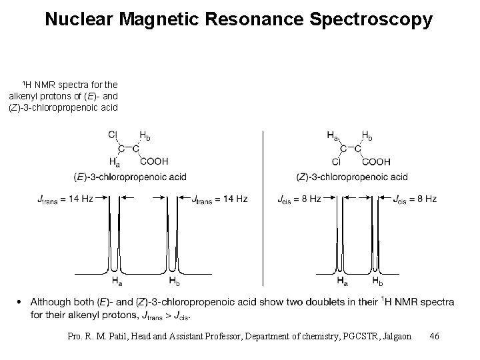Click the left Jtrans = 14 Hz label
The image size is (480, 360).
click(x=65, y=199)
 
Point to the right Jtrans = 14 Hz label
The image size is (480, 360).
click(x=219, y=199)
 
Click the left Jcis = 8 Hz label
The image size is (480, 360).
click(x=297, y=199)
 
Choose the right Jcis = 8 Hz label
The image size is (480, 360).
click(x=415, y=199)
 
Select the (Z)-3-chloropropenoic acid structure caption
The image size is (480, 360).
click(x=351, y=177)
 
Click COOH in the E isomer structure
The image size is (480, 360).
click(x=154, y=161)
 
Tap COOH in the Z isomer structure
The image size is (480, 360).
click(x=376, y=161)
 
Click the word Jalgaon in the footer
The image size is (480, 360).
click(x=394, y=336)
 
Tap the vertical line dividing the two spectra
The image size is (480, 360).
click(x=263, y=207)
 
